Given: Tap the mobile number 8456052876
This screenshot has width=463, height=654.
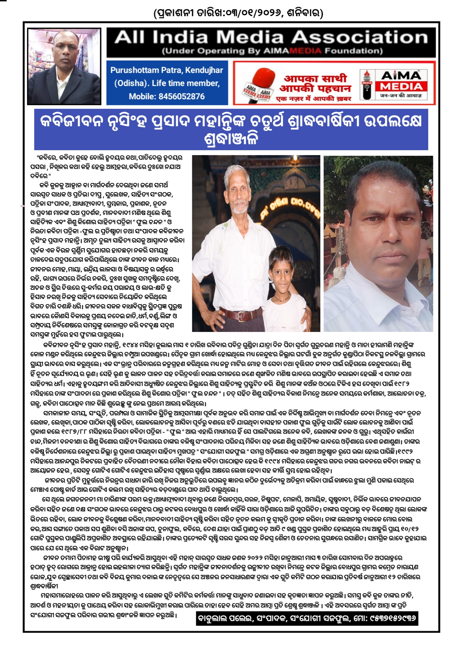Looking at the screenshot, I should coord(181,96).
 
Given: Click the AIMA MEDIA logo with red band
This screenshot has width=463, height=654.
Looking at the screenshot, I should coord(401,86).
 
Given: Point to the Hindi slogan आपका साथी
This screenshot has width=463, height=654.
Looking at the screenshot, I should coord(315,78).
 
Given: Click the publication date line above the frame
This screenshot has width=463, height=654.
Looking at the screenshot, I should coord(238,13).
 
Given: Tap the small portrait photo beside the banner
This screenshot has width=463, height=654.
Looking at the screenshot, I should coord(64,66).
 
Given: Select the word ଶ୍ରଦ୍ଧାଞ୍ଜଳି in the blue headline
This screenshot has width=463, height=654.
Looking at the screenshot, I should coord(231,139).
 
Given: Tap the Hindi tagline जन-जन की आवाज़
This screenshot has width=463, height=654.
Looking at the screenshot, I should coord(401,96).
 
